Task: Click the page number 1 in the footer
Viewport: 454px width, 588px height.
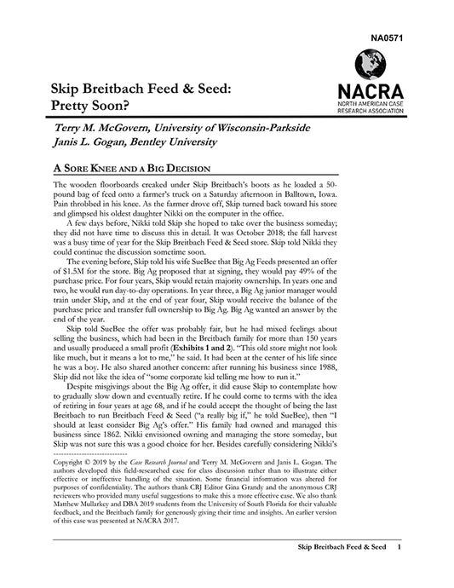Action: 400,570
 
